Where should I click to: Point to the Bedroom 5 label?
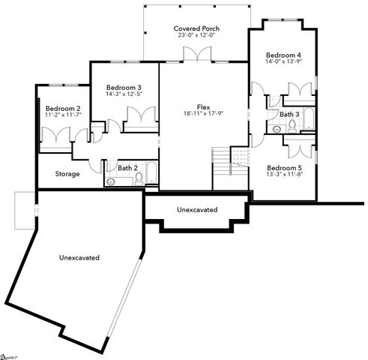pos(286,167)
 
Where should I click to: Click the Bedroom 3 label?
pos(124,88)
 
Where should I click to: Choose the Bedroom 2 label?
pos(62,108)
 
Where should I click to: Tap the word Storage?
pos(68,174)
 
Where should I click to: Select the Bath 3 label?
pos(290,115)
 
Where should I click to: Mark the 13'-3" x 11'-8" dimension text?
pos(286,175)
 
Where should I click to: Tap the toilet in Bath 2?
pos(137,178)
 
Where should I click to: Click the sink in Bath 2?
pos(112,181)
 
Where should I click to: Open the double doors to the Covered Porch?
pos(193,55)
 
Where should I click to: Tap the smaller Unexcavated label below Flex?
pos(197,209)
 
